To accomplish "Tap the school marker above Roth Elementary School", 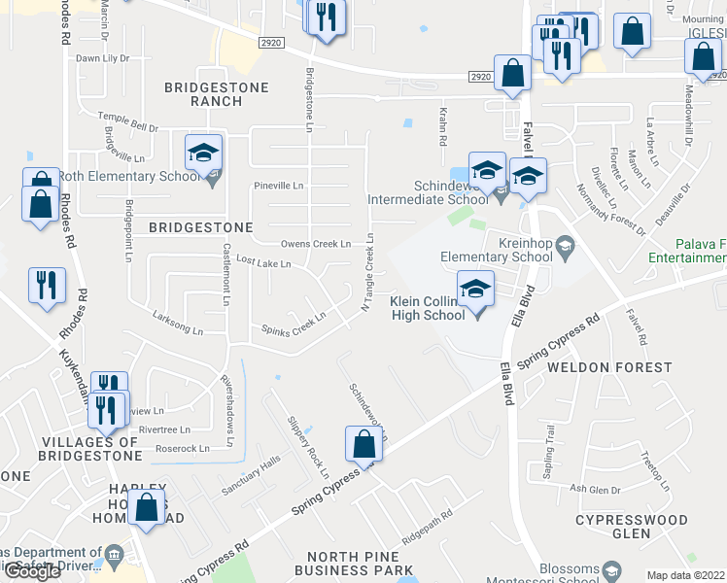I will click(x=204, y=154).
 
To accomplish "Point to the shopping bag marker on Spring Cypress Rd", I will click(x=363, y=445).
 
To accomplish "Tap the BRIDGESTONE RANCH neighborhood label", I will click(x=203, y=93).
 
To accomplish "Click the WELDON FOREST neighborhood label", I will click(x=609, y=367).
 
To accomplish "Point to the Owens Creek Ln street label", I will click(x=315, y=243).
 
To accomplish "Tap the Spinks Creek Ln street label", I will click(x=294, y=324).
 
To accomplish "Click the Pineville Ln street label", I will click(x=278, y=185).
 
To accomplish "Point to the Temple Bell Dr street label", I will click(x=129, y=124).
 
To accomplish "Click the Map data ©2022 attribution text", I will click(x=685, y=575).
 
